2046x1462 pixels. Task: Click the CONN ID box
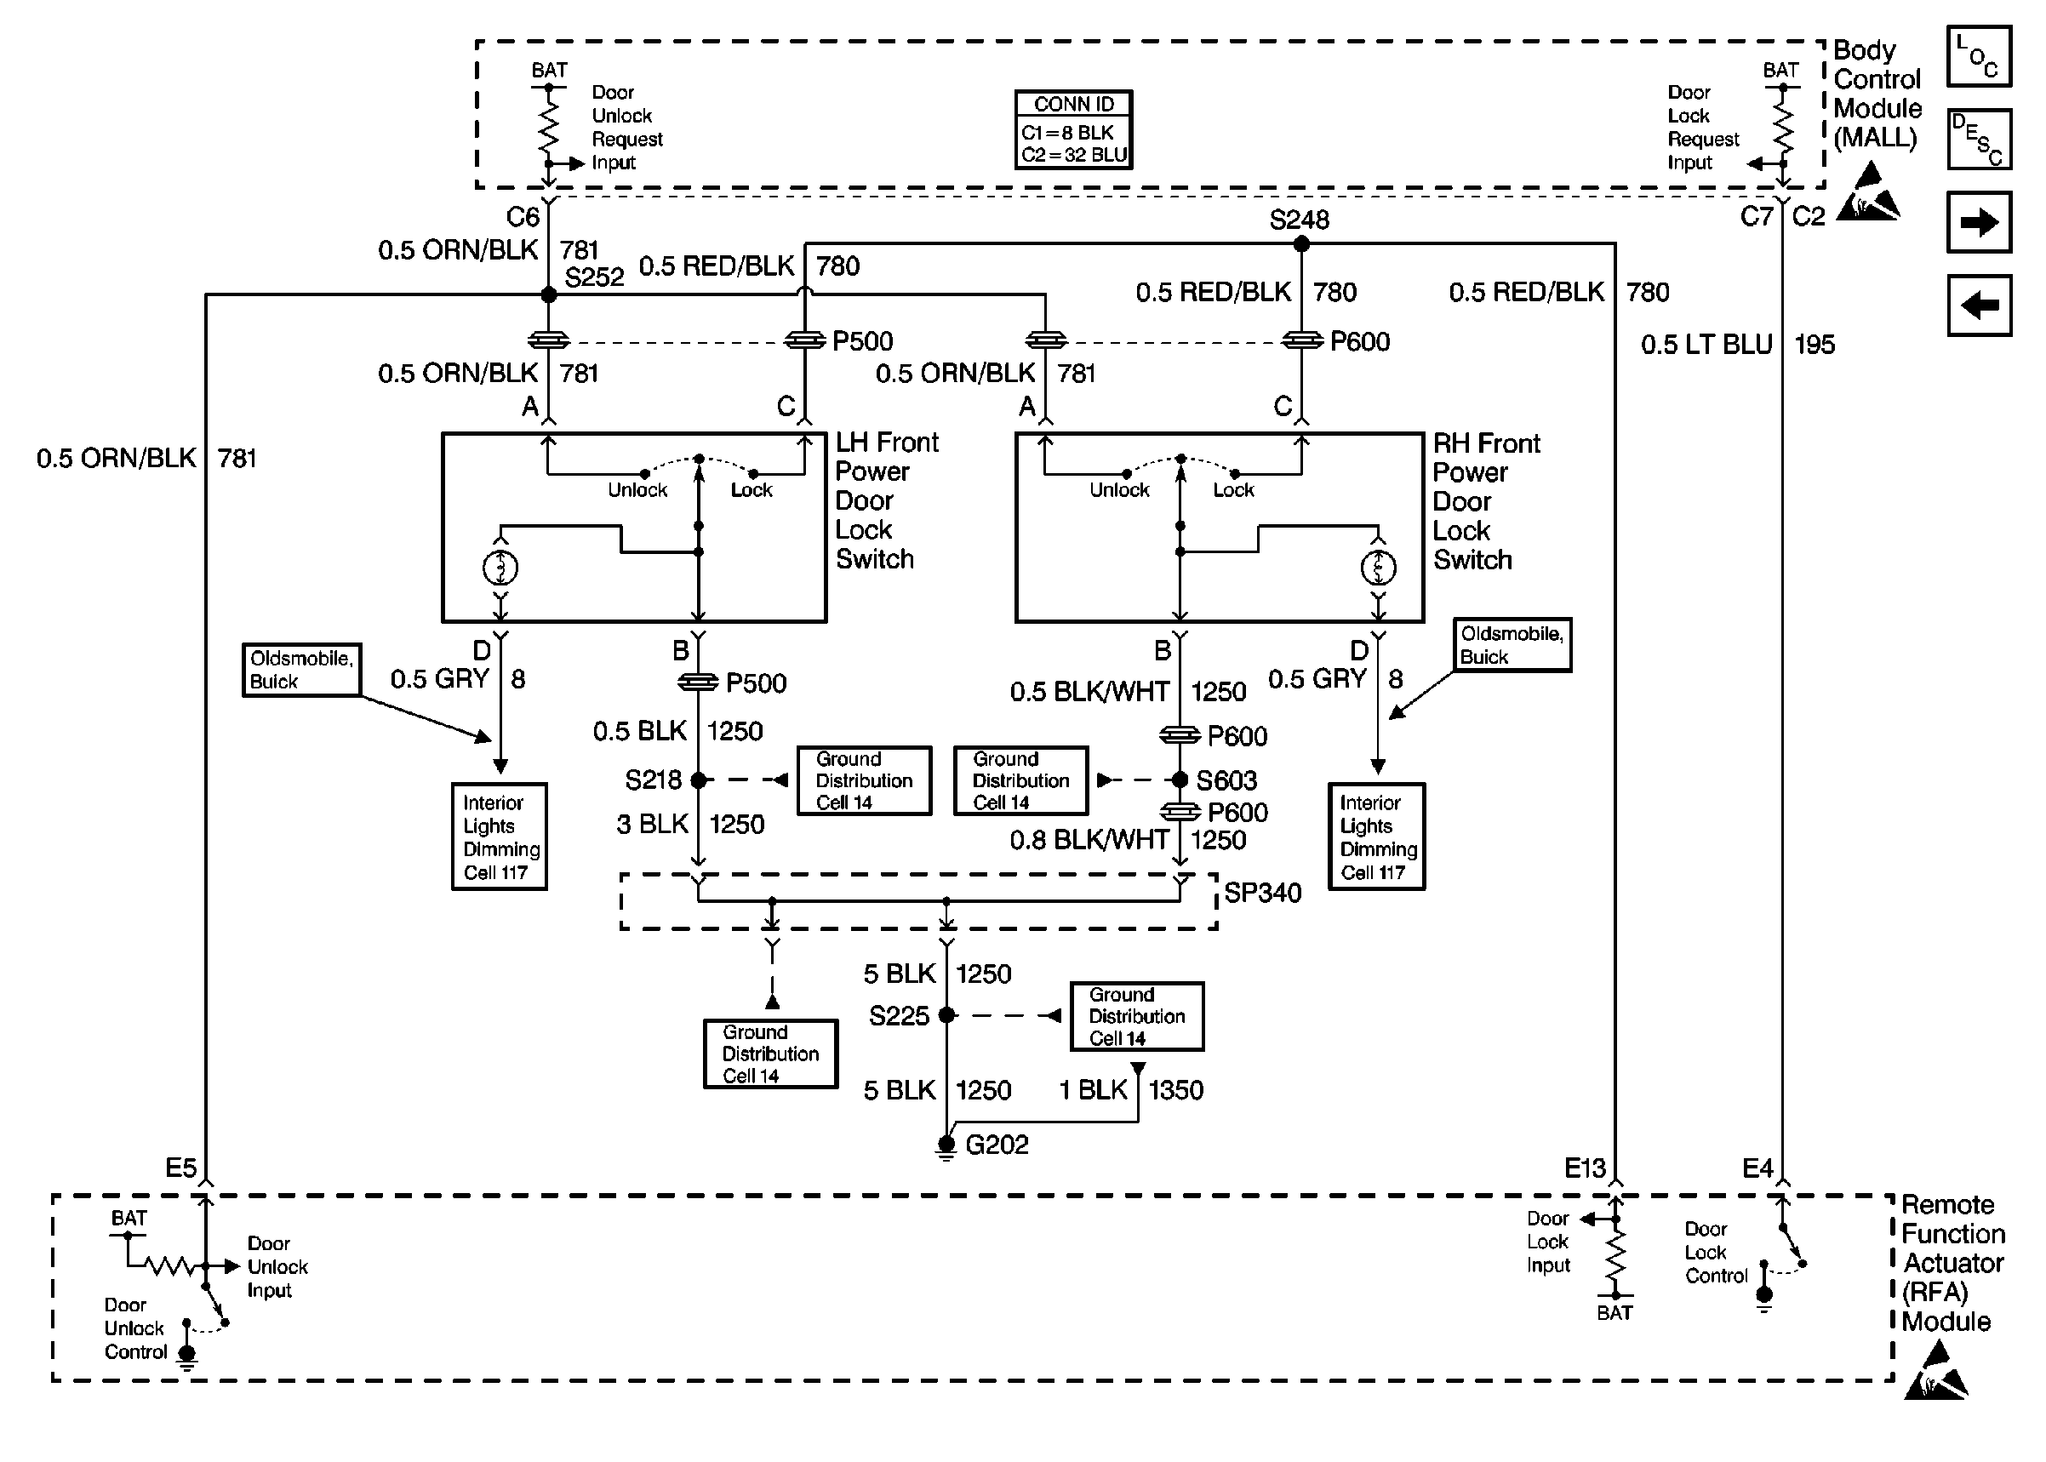1073,129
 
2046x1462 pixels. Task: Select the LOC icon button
1978,57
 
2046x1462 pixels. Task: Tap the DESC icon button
1978,140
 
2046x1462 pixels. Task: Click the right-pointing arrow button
1978,222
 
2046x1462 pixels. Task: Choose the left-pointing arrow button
1978,306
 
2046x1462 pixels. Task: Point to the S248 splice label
1298,220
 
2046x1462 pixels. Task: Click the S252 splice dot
548,294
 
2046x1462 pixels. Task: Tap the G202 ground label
997,1145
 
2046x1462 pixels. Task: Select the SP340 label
1262,893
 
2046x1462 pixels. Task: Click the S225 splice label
899,1016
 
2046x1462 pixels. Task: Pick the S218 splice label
653,780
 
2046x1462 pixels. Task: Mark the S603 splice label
1226,780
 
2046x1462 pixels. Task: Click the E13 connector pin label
1584,1168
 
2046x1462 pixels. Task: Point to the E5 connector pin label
180,1168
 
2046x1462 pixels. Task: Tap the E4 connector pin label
1757,1168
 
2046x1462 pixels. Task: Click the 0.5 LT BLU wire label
1706,345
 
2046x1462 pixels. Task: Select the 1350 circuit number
1175,1090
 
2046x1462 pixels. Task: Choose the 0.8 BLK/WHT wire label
1089,841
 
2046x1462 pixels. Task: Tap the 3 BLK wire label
652,825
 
